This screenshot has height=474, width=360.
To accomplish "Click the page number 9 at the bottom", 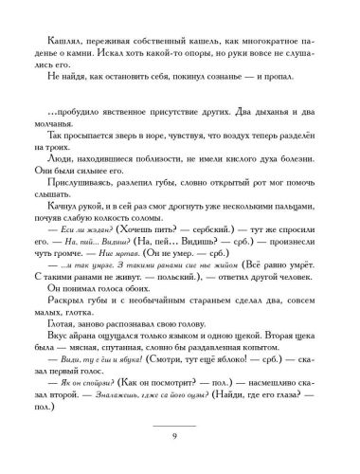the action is coord(180,435).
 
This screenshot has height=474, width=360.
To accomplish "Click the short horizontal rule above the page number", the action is coord(180,417).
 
